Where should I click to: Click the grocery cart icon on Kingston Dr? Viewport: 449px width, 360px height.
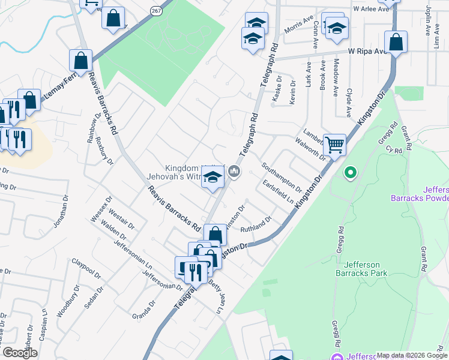335,144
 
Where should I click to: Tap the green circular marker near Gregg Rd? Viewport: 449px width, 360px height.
351,173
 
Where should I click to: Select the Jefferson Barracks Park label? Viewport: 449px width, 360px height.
366,268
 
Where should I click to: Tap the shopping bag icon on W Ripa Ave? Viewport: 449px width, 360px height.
396,42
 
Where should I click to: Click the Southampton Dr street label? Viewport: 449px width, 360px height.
282,175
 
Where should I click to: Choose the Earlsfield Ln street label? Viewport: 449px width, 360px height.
278,193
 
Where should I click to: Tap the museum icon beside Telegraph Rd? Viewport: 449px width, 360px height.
235,172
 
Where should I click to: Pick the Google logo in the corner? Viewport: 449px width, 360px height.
20,353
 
